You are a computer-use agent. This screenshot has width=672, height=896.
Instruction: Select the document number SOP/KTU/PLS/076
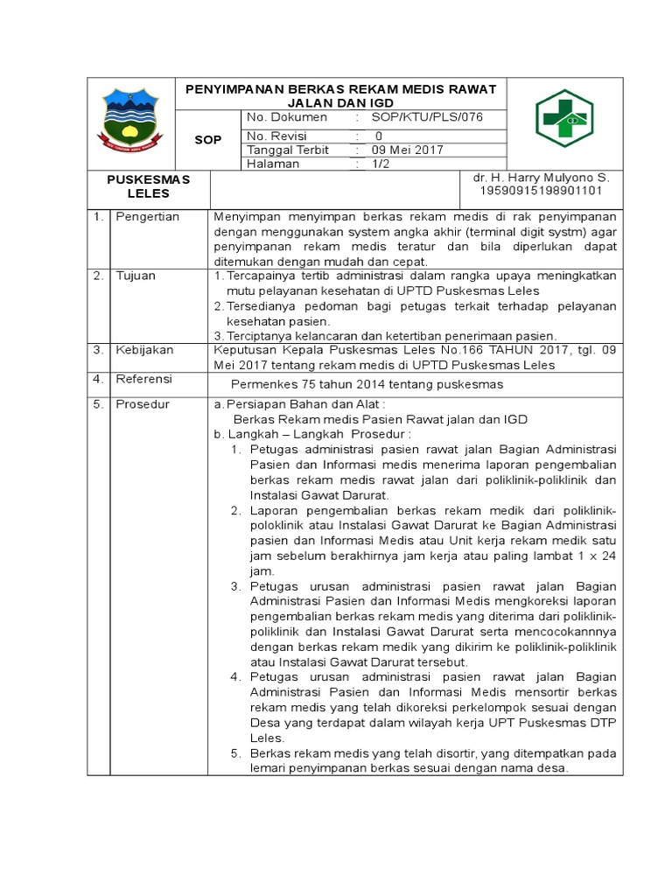point(427,117)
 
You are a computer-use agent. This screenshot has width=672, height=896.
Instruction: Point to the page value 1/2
point(382,164)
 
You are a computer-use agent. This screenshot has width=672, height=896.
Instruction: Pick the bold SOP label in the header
point(207,140)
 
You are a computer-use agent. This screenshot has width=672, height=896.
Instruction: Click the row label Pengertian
point(148,216)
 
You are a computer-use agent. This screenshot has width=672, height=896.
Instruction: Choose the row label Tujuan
point(136,276)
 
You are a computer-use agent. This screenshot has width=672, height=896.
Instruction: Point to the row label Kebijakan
point(144,350)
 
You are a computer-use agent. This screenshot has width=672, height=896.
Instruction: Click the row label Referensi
point(144,379)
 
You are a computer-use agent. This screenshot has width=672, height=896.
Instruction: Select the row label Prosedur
point(143,404)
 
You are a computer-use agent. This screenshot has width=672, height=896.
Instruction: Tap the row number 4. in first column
point(99,379)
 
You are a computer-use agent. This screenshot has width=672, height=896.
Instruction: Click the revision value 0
point(379,136)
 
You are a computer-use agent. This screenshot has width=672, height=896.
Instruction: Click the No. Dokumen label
point(287,117)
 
